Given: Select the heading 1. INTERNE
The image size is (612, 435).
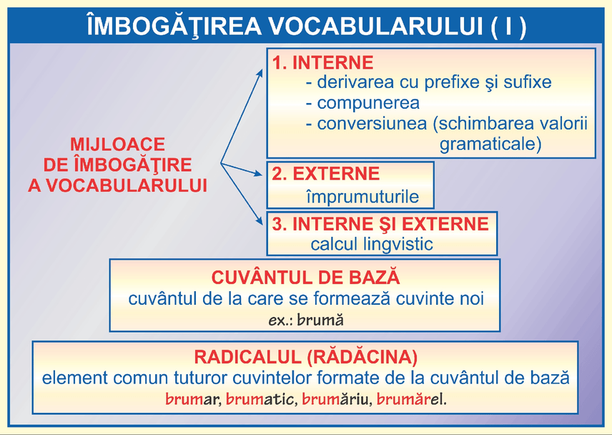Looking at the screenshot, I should (322, 62).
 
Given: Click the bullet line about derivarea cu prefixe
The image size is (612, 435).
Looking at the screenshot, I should (428, 82).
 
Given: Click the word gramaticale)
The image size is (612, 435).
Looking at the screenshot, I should (490, 144).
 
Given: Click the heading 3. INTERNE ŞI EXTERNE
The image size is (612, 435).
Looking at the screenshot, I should (380, 223).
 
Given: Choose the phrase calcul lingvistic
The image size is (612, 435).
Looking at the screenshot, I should (372, 244).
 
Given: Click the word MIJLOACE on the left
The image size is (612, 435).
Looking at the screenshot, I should (117, 145).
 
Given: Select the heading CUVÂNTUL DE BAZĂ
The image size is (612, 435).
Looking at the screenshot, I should (305, 278).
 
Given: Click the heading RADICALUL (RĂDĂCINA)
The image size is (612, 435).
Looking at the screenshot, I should (305, 356).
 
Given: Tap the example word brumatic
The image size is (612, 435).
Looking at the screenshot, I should (260, 399).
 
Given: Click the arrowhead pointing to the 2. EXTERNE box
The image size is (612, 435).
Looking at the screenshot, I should (262, 174).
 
